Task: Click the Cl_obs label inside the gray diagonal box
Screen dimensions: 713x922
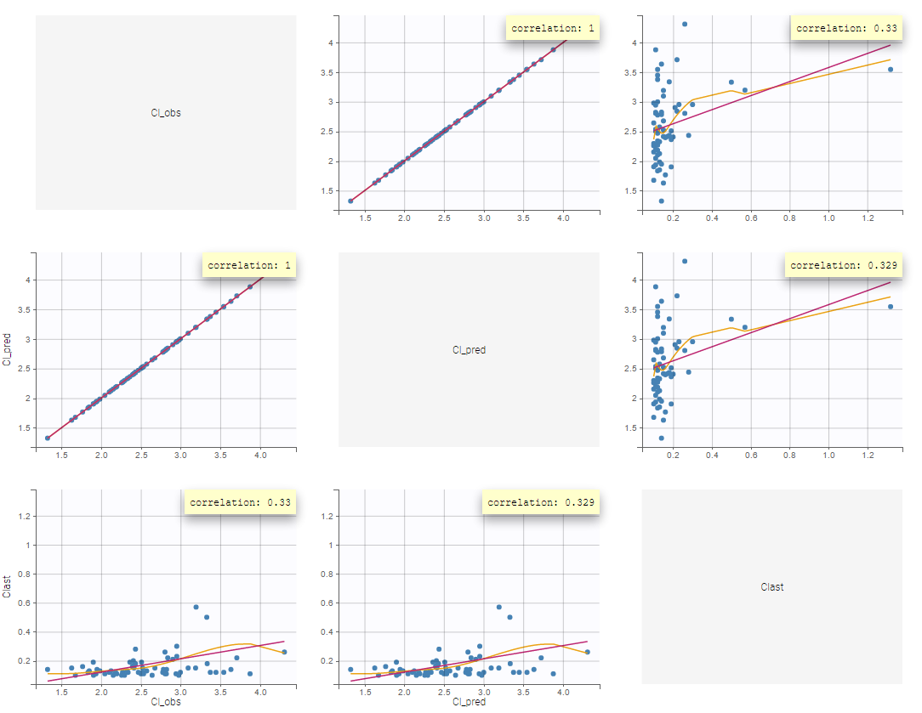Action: tap(166, 112)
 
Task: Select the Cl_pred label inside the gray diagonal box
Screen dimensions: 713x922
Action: tap(469, 349)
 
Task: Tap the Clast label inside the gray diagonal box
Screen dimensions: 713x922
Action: tap(772, 586)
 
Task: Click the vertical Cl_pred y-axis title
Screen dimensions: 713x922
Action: tap(7, 349)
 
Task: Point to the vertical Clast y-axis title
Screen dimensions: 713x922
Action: tap(7, 586)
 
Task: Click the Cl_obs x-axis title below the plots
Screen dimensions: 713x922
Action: tap(166, 702)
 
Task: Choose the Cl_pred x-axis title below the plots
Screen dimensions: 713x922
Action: tap(469, 702)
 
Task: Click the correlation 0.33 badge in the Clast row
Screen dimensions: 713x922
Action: tap(241, 502)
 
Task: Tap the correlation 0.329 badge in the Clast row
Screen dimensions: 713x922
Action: tap(541, 502)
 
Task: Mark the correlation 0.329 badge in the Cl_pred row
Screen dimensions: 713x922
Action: tap(842, 265)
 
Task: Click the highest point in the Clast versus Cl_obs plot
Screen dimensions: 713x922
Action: tap(196, 607)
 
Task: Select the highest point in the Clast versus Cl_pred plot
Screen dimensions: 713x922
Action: tap(498, 607)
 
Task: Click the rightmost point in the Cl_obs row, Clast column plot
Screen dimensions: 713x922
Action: tap(891, 70)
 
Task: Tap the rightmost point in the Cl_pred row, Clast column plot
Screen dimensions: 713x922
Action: tap(891, 307)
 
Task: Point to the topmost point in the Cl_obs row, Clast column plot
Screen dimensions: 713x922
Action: tap(685, 24)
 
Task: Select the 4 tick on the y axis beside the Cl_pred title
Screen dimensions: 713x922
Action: tap(28, 280)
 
